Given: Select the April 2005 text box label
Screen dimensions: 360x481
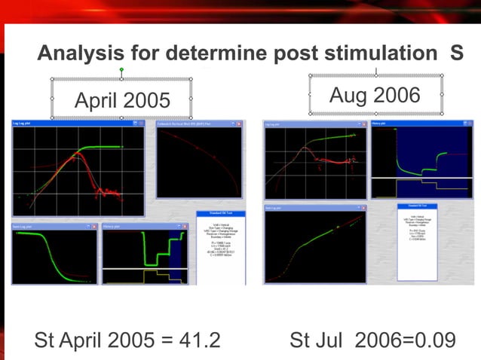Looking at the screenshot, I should pos(122,100).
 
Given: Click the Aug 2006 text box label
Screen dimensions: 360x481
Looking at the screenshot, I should pos(375,96).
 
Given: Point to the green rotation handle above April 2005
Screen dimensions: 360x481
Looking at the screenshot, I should pos(121,70).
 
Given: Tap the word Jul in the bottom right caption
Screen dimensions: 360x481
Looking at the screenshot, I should pos(336,340).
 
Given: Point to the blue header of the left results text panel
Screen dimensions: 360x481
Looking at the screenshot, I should pos(219,214).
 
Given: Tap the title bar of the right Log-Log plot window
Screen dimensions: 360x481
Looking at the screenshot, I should pos(302,123).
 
